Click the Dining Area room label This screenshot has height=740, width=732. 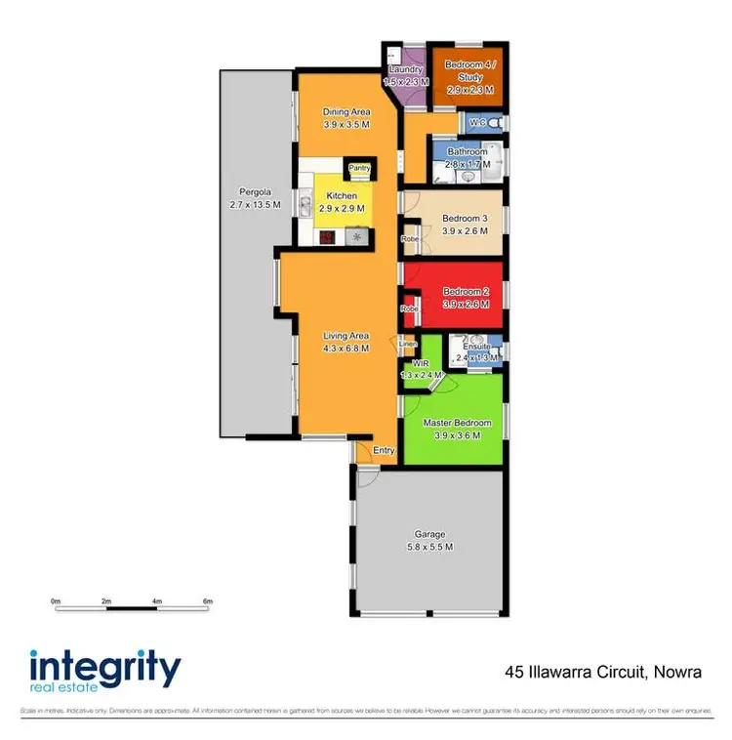point(346,112)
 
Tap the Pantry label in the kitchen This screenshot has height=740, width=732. point(358,168)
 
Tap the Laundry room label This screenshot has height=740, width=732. point(404,70)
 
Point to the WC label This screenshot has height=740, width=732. point(478,123)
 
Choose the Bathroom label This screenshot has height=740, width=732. point(467,152)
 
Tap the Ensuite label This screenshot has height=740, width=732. point(476,346)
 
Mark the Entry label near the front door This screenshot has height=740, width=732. point(384,450)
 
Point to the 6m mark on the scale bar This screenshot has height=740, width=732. point(207,601)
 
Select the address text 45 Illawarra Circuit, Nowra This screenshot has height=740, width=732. point(603,673)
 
